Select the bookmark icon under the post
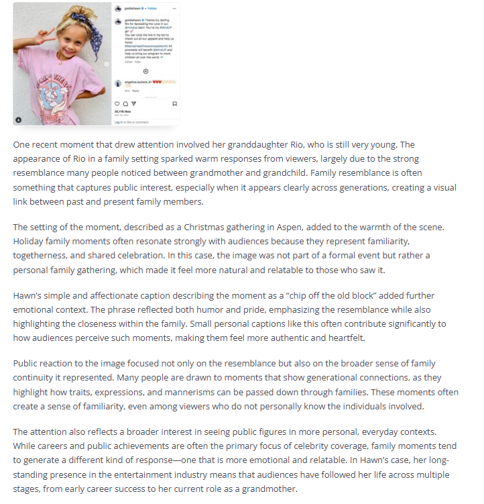174,103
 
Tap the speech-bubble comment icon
126,103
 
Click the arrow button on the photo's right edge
105,63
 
